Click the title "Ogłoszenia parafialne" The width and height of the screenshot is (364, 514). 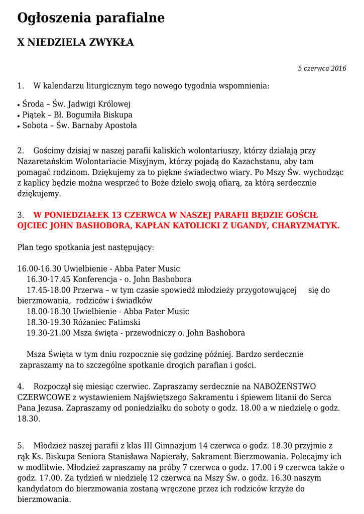point(91,18)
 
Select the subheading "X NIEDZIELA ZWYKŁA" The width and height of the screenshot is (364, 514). point(75,43)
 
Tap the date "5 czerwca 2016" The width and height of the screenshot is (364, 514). point(322,68)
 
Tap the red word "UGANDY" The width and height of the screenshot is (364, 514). point(241,226)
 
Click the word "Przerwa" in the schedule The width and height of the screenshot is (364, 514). point(86,290)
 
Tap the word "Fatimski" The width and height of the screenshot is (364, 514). point(125,322)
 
